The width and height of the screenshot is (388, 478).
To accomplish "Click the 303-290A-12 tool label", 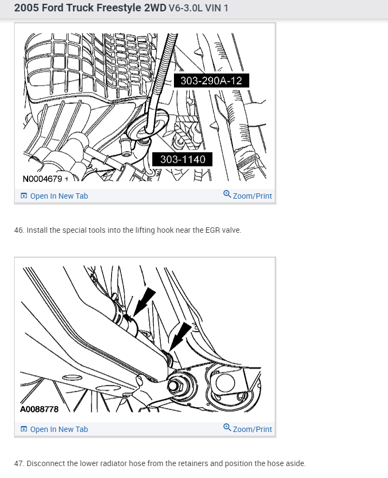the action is click(211, 81).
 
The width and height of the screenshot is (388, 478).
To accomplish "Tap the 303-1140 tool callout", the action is click(182, 159).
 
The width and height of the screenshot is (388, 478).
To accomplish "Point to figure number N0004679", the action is click(42, 179).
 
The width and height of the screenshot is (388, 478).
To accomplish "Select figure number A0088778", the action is click(39, 409).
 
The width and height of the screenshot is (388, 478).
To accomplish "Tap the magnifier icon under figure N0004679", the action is click(227, 194).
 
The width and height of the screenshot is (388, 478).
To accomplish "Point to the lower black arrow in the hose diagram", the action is click(179, 337).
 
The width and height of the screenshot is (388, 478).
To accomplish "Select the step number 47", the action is click(19, 463).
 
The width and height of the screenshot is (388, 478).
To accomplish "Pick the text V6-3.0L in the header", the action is click(186, 8).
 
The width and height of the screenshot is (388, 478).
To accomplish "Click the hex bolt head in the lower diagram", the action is click(174, 386).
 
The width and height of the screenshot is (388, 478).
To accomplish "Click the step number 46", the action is click(19, 230).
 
